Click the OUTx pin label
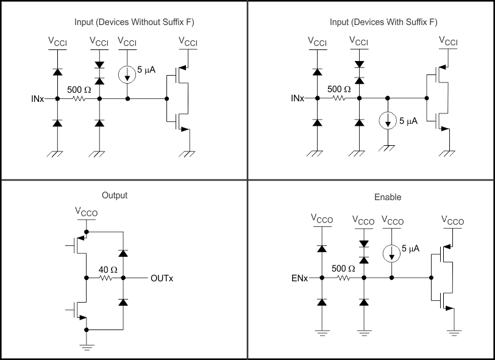[x=162, y=278]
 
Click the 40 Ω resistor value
[x=107, y=268]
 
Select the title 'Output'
[x=115, y=195]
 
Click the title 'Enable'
[x=387, y=197]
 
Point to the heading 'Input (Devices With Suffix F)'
[x=383, y=23]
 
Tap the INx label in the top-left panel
[x=38, y=98]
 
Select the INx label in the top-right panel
[x=298, y=98]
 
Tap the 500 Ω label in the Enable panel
[x=343, y=268]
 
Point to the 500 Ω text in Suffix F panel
[x=339, y=88]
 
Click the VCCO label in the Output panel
[x=87, y=212]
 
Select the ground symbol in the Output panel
[x=87, y=348]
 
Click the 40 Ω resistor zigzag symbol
[x=107, y=278]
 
